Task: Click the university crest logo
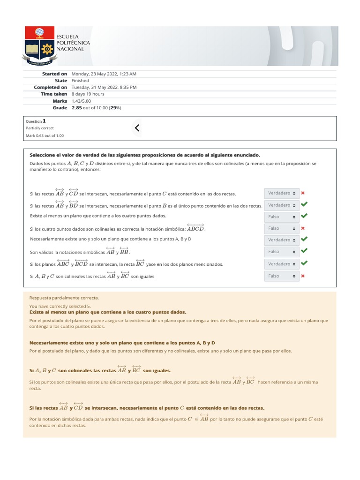tap(39, 46)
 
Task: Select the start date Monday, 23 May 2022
tap(104, 74)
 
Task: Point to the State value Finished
tap(80, 81)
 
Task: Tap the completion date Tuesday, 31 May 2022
tap(104, 87)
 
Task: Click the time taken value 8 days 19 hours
tap(88, 94)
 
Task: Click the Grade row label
tap(60, 108)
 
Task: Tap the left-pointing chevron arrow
tap(136, 127)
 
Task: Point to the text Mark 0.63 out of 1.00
tap(45, 135)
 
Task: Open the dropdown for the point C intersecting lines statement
tap(281, 193)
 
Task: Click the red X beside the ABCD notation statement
tap(303, 228)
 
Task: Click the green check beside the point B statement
tap(304, 204)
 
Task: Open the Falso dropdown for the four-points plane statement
tap(281, 217)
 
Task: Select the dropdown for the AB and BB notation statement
tap(281, 252)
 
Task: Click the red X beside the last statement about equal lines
tap(303, 276)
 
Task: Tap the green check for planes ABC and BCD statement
tap(304, 263)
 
